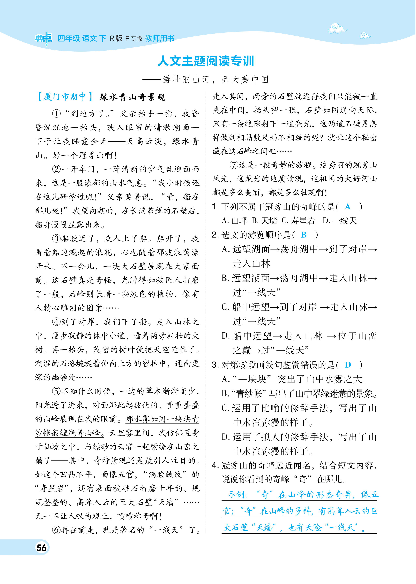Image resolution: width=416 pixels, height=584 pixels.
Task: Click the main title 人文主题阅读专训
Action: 206,61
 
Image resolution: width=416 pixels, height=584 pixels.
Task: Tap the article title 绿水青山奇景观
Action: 133,97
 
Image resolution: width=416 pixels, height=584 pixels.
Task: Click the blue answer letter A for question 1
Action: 347,207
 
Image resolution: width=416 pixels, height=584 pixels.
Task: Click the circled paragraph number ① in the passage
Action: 56,114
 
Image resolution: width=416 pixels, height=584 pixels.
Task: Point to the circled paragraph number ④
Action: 56,322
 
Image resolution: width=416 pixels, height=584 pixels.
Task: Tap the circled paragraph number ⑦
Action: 234,165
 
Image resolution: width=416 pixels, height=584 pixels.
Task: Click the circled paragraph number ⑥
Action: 56,530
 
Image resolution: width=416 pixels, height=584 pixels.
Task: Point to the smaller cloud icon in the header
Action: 365,35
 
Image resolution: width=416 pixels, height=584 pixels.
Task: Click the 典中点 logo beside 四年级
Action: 44,39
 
